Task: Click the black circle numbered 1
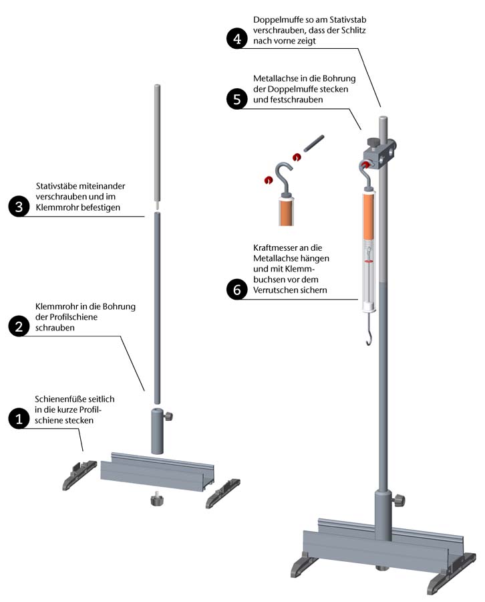tap(19, 418)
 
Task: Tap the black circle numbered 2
tap(19, 326)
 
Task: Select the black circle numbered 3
tap(19, 207)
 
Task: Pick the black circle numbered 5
tap(237, 99)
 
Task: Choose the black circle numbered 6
tap(237, 289)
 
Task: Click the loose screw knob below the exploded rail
tap(156, 500)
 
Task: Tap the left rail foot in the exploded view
tap(79, 475)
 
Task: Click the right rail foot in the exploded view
tap(222, 493)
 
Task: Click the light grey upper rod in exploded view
tap(157, 144)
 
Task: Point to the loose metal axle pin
tap(314, 143)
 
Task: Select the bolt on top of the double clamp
tap(372, 143)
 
